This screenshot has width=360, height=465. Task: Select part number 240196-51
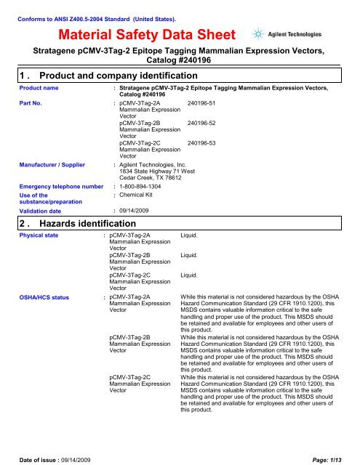[201, 104]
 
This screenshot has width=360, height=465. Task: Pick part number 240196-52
[201, 124]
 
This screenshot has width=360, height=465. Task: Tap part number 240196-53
[201, 143]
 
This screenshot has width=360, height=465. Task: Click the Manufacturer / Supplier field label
[43, 166]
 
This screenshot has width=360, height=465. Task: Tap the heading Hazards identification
[80, 223]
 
